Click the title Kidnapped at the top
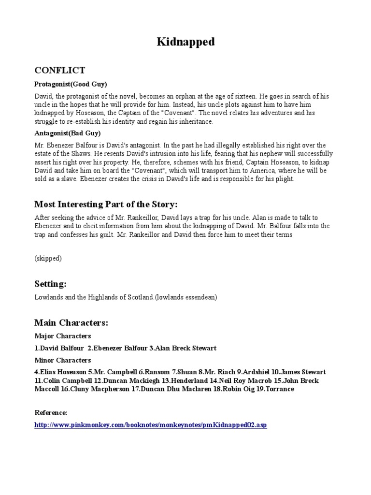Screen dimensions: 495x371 pos(185,43)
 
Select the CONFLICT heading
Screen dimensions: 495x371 pos(59,71)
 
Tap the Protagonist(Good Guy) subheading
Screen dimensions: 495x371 pos(71,84)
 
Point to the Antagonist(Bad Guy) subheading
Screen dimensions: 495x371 pos(68,133)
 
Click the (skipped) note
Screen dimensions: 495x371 pos(48,258)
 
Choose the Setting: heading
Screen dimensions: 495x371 pos(50,283)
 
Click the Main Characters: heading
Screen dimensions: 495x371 pos(71,322)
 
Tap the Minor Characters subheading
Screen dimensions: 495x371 pos(62,360)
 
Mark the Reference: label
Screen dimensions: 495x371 pos(51,412)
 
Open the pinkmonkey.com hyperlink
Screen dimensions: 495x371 pos(150,425)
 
